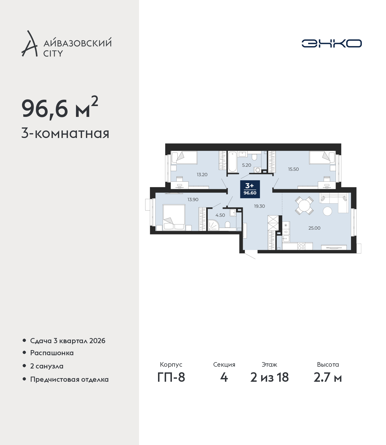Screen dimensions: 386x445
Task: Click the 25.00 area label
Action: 314,228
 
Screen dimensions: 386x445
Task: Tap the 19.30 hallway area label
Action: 259,206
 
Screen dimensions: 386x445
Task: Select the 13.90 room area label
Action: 193,199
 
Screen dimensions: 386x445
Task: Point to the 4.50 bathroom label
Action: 220,215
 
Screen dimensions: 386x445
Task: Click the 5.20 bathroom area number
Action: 247,165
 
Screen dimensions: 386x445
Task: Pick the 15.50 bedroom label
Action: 293,169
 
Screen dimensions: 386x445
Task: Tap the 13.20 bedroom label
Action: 202,174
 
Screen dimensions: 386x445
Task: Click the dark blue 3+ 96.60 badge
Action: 250,189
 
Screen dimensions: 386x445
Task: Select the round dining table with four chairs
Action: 304,205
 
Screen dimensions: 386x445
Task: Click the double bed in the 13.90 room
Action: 174,218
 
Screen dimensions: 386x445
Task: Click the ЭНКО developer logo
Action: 331,43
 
